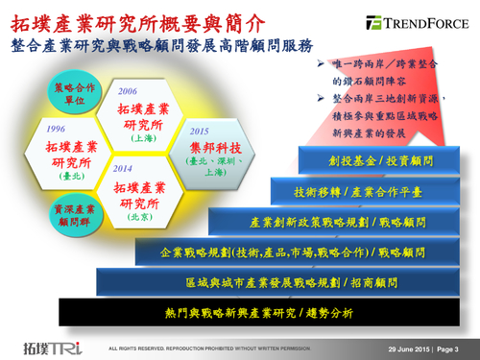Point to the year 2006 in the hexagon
(x=127, y=90)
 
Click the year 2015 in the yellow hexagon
(x=200, y=132)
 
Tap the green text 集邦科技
(x=208, y=147)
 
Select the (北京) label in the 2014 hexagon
(x=139, y=217)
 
